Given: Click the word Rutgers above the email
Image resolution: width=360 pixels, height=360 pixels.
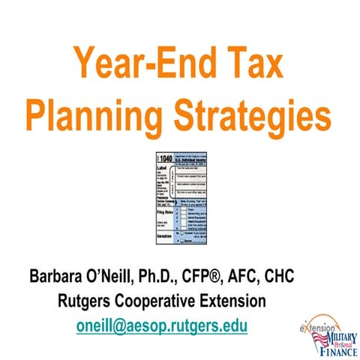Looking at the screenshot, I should click(x=86, y=303).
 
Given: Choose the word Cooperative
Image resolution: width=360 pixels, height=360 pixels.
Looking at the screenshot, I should click(x=166, y=303).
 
